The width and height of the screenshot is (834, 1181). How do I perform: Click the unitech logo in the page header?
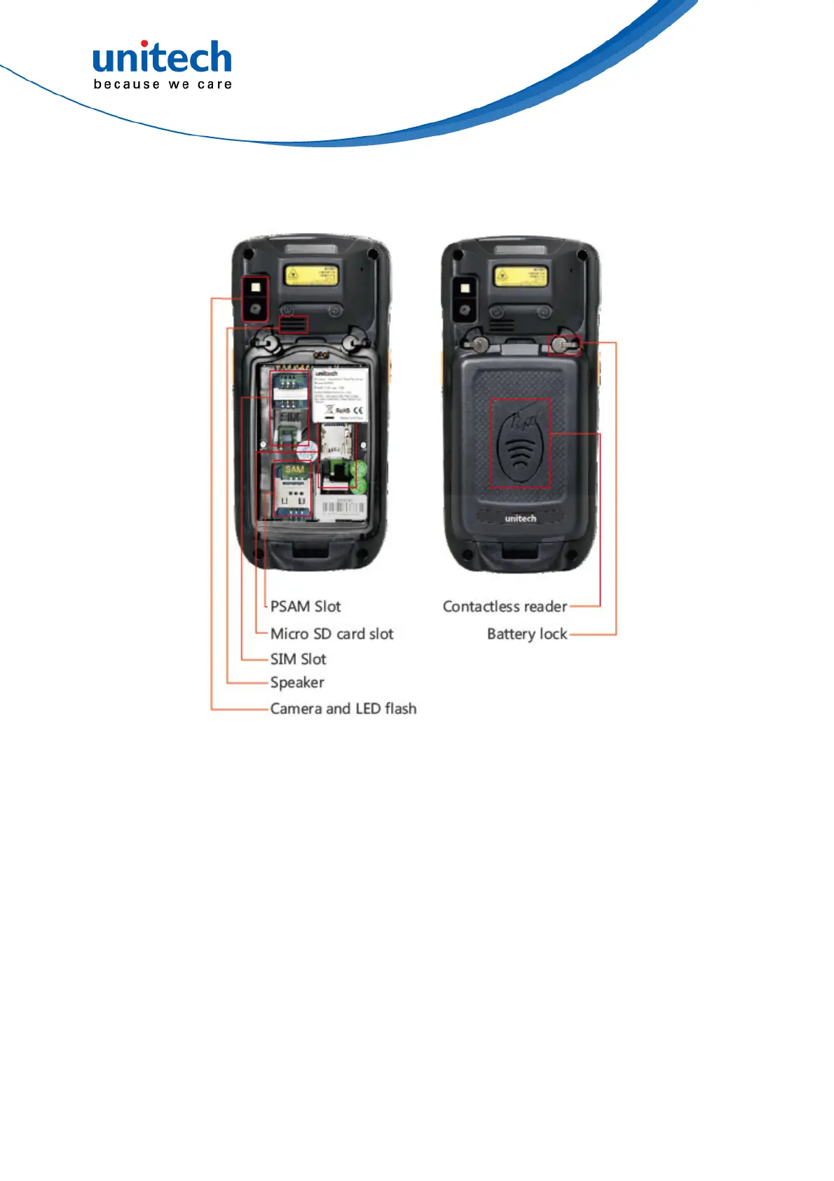(x=162, y=58)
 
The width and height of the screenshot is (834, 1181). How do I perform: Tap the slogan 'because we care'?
(x=163, y=85)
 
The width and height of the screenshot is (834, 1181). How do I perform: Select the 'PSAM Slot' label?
(x=306, y=607)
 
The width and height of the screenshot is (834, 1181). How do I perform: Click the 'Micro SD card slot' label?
(x=331, y=634)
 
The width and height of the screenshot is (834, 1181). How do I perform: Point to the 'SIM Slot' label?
(x=298, y=659)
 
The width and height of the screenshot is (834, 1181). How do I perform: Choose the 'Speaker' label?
(x=297, y=683)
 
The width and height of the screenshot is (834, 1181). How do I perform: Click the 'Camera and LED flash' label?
(x=343, y=709)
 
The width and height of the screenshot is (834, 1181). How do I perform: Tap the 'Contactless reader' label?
(x=505, y=607)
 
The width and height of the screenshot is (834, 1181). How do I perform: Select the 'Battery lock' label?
(x=527, y=635)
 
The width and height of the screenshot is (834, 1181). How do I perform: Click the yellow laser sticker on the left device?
(x=310, y=276)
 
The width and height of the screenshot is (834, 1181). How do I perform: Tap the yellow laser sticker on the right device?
(x=519, y=276)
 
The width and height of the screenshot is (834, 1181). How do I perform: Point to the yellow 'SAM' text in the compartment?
(x=294, y=470)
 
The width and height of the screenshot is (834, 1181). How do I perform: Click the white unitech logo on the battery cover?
(x=520, y=519)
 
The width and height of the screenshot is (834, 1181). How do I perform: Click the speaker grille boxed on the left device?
(x=293, y=324)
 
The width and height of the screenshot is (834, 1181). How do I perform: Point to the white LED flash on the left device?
(x=256, y=287)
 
